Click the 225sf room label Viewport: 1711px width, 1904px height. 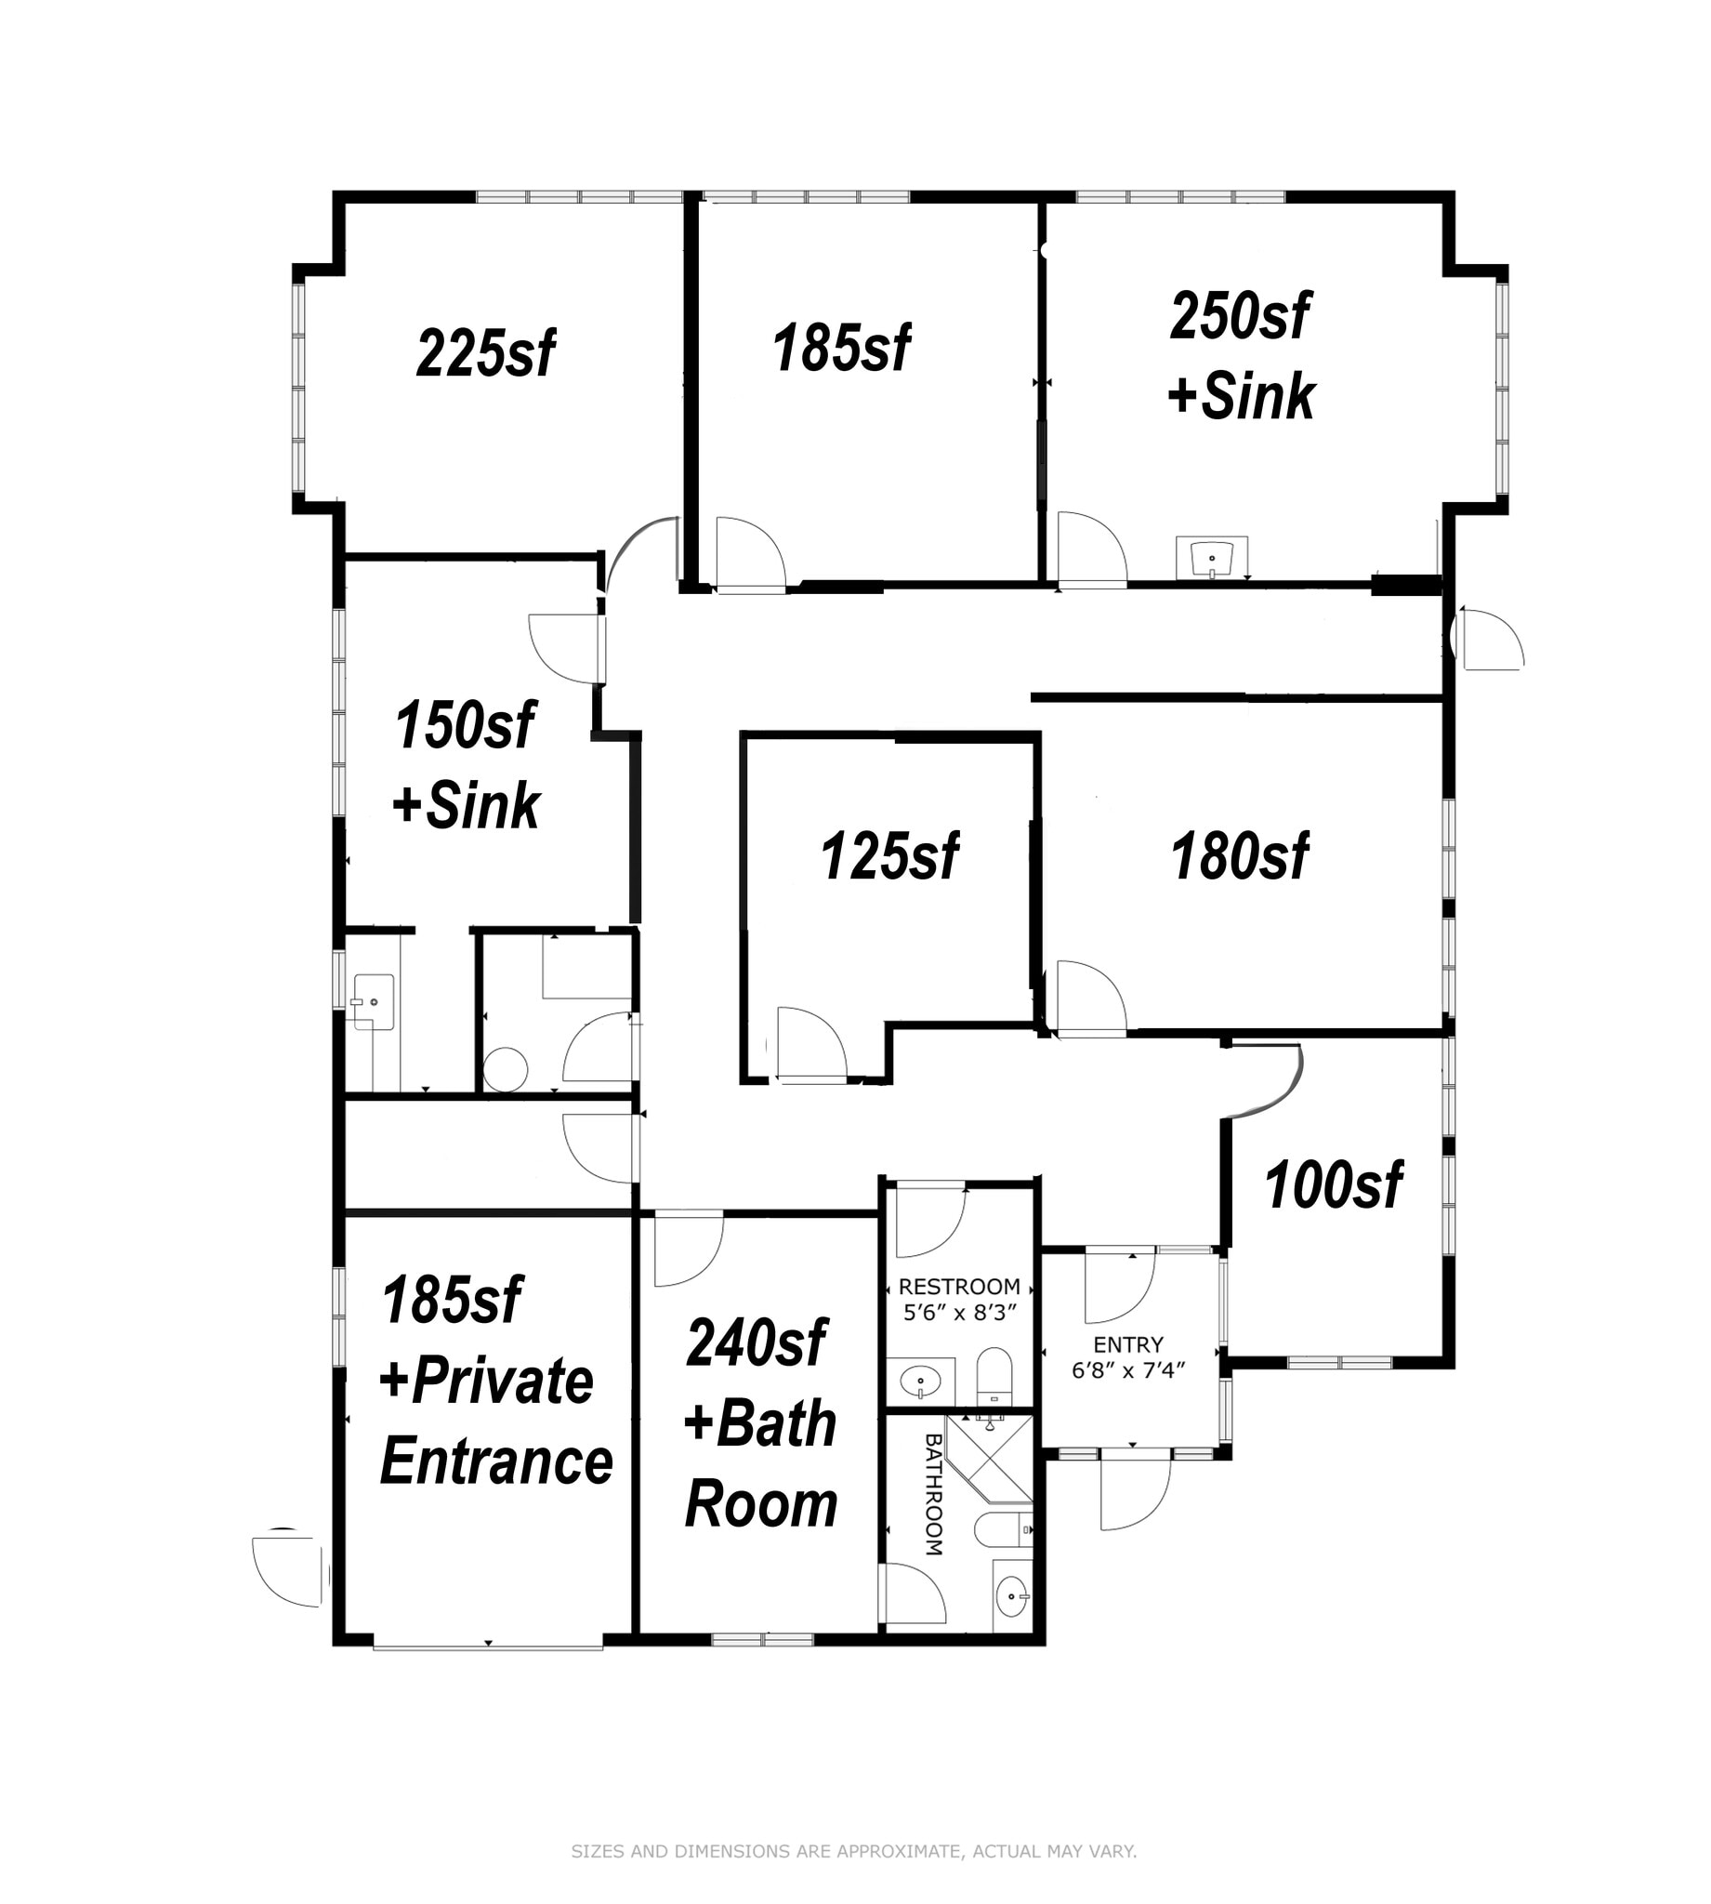tap(485, 353)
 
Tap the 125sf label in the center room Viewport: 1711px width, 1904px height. tap(889, 856)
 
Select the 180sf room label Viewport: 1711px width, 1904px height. tap(1239, 856)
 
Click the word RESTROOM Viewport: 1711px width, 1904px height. tap(959, 1287)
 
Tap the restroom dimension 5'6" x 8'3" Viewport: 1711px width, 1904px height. tap(960, 1313)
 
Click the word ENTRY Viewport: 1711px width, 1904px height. tap(1128, 1344)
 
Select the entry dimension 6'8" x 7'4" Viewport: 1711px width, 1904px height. tap(1128, 1371)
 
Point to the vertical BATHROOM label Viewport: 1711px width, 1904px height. tap(933, 1494)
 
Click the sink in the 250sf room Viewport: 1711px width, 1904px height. tap(1211, 559)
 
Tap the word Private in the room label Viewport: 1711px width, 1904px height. tap(501, 1382)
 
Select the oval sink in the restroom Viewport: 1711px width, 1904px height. tap(920, 1382)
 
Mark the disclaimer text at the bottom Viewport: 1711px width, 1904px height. tap(853, 1851)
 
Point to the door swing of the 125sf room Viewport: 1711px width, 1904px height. tap(810, 1040)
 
